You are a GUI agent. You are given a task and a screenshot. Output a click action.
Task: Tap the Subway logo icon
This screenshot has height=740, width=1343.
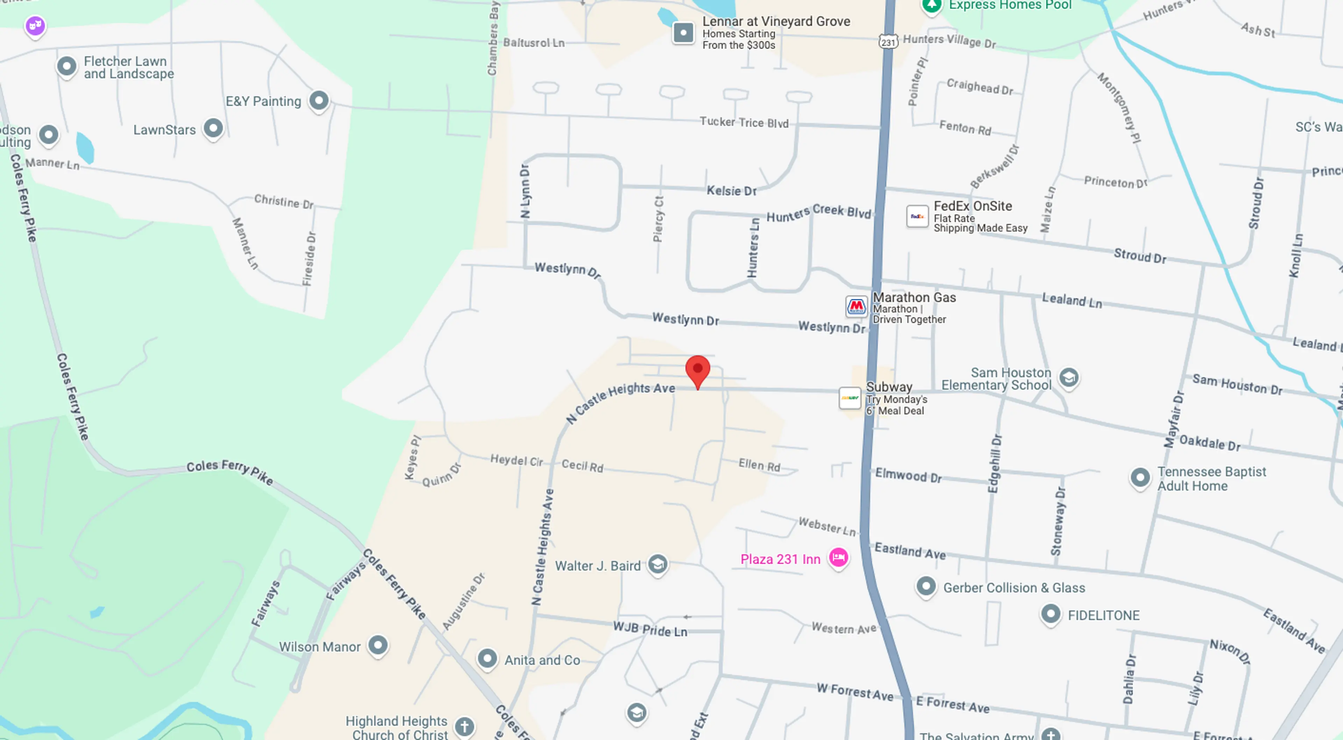point(850,398)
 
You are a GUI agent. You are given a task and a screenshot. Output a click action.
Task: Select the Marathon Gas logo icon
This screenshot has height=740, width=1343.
point(856,306)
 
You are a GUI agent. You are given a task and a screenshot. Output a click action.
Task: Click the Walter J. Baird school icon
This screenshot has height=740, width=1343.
point(658,564)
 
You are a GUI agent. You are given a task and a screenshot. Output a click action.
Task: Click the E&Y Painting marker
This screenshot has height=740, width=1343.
point(319,100)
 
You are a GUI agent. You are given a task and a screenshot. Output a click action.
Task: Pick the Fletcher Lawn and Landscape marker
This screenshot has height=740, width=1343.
point(67,66)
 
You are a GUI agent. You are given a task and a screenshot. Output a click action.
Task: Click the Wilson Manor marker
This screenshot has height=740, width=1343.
point(378,645)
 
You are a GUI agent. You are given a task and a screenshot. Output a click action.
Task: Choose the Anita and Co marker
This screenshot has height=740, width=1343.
point(487,658)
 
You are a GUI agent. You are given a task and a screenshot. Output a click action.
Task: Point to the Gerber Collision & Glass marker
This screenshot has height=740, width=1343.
point(926,586)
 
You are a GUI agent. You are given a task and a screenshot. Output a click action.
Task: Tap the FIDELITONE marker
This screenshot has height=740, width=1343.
point(1051,614)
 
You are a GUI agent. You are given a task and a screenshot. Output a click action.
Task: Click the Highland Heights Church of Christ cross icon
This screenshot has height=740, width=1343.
point(464,726)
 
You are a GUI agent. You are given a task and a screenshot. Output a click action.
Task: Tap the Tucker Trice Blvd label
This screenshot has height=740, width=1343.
point(744,122)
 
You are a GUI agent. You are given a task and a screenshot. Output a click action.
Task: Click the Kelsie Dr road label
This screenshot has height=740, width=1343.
point(731,191)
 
